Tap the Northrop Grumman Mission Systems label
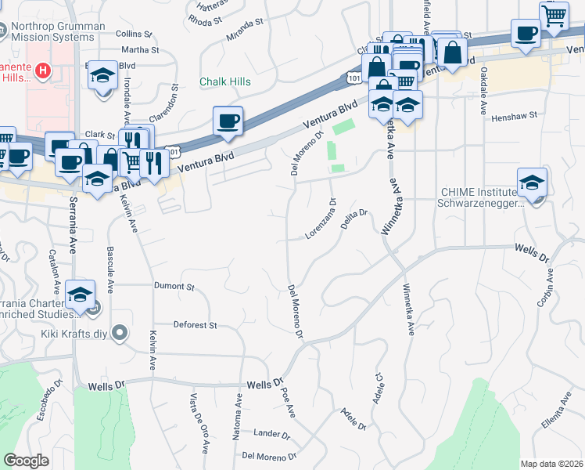pos(59,32)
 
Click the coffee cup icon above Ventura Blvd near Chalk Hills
pos(228,121)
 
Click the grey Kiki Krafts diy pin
pos(120,334)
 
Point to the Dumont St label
pos(174,287)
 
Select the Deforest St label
pos(195,324)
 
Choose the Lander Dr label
pos(272,433)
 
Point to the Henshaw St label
pos(515,116)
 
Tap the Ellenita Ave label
pos(555,412)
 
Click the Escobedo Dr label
pos(52,399)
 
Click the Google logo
pos(27,461)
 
